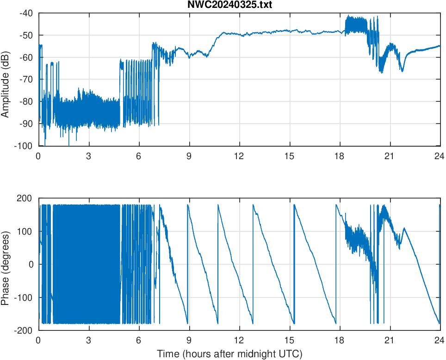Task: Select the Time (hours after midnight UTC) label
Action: point(229,354)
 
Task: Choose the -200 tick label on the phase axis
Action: point(24,330)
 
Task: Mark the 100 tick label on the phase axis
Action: point(25,231)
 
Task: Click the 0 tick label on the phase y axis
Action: point(31,264)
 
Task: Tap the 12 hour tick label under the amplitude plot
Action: point(239,156)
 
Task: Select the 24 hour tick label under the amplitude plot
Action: point(440,156)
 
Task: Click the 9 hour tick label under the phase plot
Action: point(189,340)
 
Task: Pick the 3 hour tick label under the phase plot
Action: point(88,340)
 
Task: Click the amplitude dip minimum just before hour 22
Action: point(402,71)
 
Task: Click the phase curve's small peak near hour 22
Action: point(404,228)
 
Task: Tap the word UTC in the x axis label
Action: point(291,354)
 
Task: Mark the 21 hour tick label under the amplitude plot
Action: point(390,156)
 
